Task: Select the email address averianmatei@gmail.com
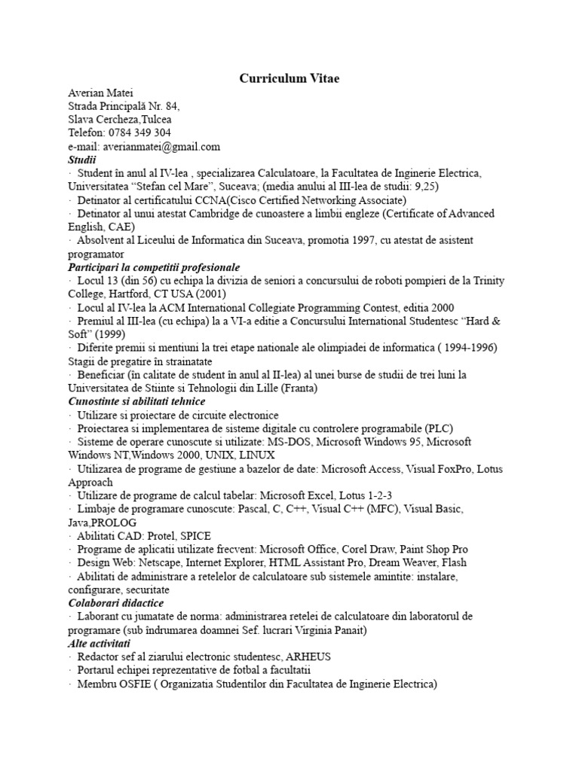pyautogui.click(x=155, y=146)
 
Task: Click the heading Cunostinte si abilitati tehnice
pyautogui.click(x=136, y=401)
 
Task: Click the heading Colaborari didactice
pyautogui.click(x=115, y=603)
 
